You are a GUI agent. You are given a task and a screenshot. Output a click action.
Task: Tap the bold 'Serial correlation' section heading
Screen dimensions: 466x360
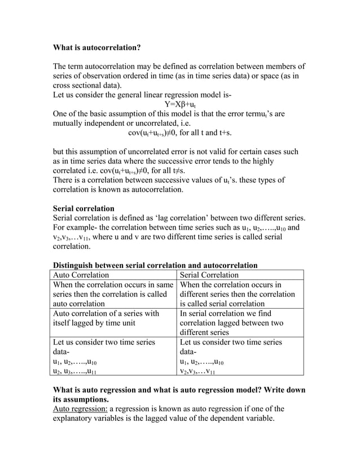tap(84, 208)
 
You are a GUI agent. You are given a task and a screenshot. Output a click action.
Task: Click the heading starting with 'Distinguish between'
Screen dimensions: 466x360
tap(155, 265)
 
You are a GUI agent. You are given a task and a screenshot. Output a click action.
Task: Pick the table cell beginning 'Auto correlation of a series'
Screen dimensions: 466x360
tap(113, 319)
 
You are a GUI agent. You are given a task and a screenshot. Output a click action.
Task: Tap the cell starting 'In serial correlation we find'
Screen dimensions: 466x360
tap(240, 323)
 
